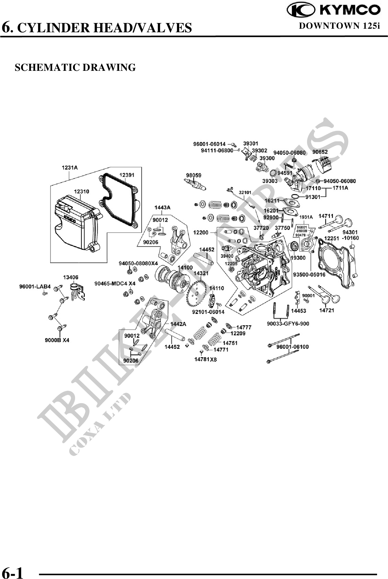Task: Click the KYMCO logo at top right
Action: [334, 10]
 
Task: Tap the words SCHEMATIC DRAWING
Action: [75, 67]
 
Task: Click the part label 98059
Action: [194, 175]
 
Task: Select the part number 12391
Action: [127, 175]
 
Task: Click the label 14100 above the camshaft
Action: [185, 267]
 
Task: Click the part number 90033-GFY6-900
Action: [288, 324]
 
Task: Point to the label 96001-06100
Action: [292, 347]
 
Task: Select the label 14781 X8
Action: [205, 359]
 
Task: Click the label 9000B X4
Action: [57, 340]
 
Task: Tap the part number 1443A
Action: [162, 207]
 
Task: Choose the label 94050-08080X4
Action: [138, 263]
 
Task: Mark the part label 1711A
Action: [340, 188]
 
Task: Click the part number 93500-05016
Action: [309, 274]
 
